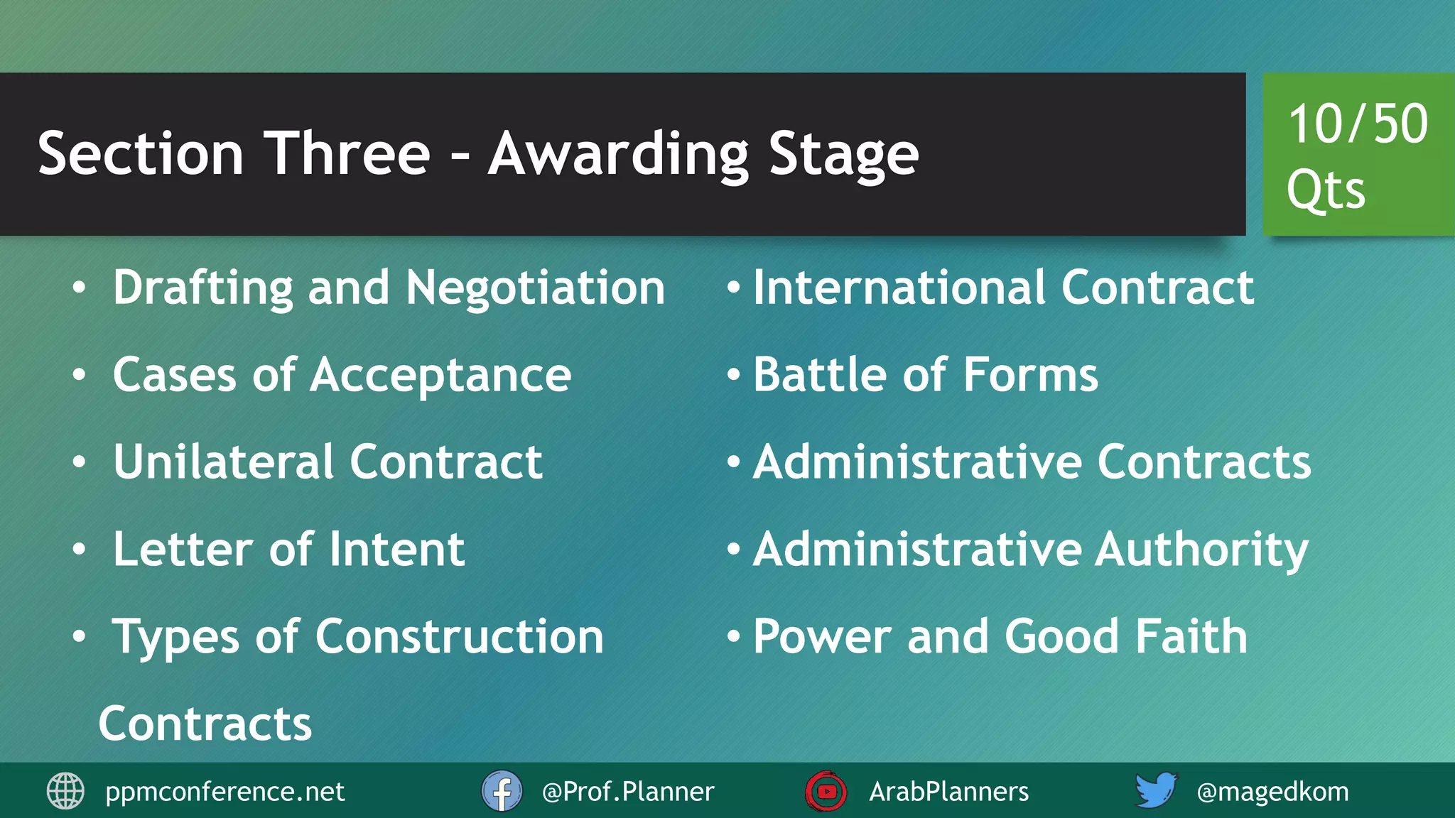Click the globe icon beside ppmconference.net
pos(65,791)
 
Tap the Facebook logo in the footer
pos(502,791)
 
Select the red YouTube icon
pos(826,791)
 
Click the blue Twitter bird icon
pos(1155,790)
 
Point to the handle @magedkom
pos(1272,792)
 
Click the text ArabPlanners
pos(948,792)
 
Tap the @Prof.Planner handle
pos(627,792)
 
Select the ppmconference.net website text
pos(225,792)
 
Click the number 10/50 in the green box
pos(1358,124)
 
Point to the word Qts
pos(1326,190)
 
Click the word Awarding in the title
pos(618,155)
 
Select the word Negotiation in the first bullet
pos(536,288)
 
